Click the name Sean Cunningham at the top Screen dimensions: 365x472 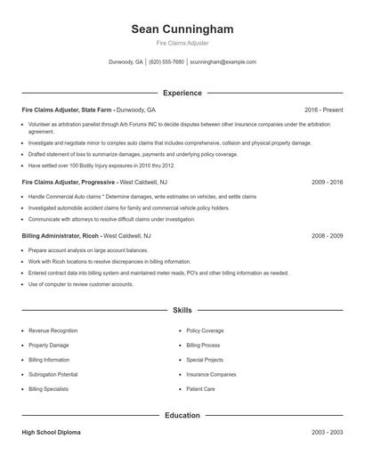pos(182,29)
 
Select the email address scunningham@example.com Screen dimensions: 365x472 pos(223,62)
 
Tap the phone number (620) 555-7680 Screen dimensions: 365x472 pos(166,62)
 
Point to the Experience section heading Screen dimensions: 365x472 pos(182,93)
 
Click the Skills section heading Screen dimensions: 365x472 pos(182,310)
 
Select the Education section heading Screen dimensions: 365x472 pos(182,415)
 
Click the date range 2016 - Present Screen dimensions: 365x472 pos(323,110)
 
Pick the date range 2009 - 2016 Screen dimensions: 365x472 pos(327,182)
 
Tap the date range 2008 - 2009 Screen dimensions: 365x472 pos(327,236)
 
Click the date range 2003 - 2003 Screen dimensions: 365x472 pos(327,432)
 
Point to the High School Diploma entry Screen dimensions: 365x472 pos(51,432)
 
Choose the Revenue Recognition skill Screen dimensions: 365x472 pos(53,330)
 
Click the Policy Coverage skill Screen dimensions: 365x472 pos(205,330)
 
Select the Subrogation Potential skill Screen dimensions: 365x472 pos(53,375)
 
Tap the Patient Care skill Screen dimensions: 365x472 pos(200,389)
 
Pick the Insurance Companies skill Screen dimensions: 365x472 pos(211,375)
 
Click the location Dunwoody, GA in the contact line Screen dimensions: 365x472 pos(126,62)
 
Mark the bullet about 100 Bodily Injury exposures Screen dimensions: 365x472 pos(101,166)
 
